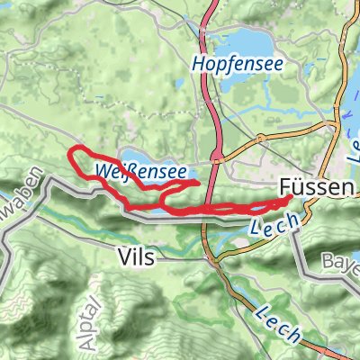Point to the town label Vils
point(136,257)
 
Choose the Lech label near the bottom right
point(279,323)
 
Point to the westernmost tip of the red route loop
point(71,154)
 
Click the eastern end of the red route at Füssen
point(290,199)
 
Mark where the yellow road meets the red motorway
point(218,161)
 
